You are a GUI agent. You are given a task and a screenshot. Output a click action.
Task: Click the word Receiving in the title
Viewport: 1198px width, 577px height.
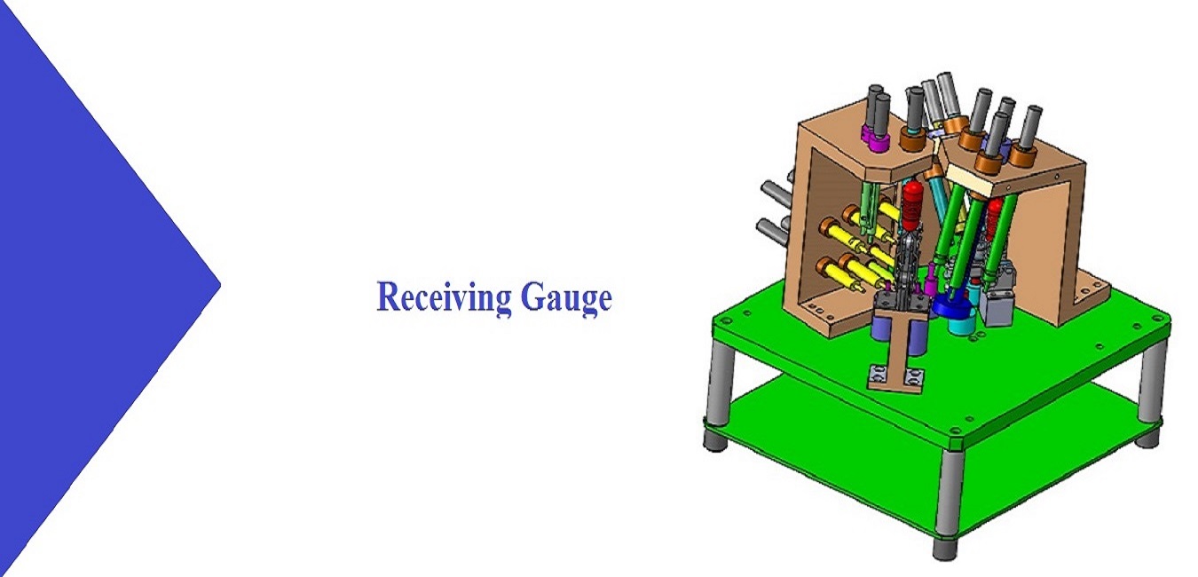click(444, 297)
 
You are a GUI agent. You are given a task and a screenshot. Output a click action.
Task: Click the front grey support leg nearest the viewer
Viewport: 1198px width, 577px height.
click(950, 502)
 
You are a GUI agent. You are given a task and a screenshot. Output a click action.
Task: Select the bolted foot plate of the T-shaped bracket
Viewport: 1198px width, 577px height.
click(896, 377)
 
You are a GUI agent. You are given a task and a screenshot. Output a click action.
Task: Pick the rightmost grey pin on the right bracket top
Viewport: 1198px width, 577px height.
click(1029, 129)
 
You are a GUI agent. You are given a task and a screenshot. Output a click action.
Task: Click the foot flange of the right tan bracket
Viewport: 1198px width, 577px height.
click(1091, 296)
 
